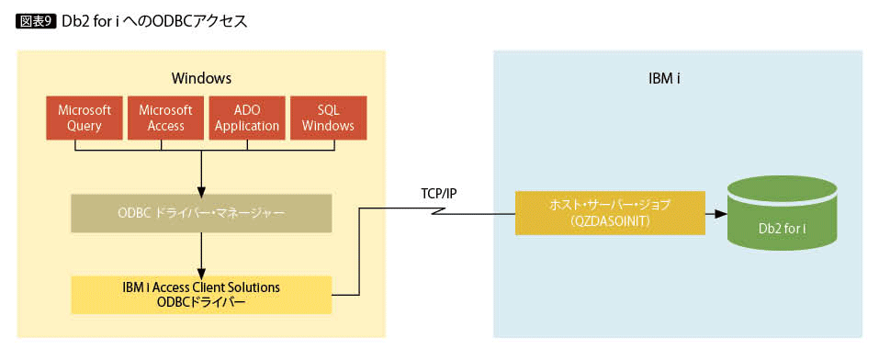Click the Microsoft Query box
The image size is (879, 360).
[x=85, y=118]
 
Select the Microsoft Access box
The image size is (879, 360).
[x=166, y=118]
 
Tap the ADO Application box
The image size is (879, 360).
[x=247, y=118]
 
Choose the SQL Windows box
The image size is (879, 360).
[x=329, y=118]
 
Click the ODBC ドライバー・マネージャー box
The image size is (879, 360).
[x=201, y=213]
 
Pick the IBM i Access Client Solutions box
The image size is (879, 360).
[x=201, y=295]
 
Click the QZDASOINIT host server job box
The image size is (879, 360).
[x=610, y=213]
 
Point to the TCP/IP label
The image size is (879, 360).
[x=439, y=194]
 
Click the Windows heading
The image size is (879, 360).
[x=201, y=78]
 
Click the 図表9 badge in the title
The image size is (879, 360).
[x=36, y=21]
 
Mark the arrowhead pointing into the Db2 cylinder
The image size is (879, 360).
[x=723, y=214]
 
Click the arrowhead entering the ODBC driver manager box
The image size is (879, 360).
[x=201, y=190]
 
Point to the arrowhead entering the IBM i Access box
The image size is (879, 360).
[x=201, y=271]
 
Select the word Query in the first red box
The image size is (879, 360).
[x=85, y=126]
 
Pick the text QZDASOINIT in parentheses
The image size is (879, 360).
[x=610, y=221]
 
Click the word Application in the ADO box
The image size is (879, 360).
[x=247, y=126]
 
